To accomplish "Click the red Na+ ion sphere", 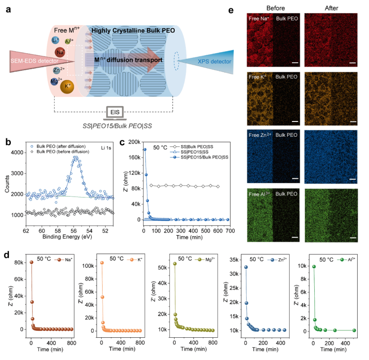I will (60, 52).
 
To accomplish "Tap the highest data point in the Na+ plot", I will (31, 262).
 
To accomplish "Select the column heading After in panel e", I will (328, 8).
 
